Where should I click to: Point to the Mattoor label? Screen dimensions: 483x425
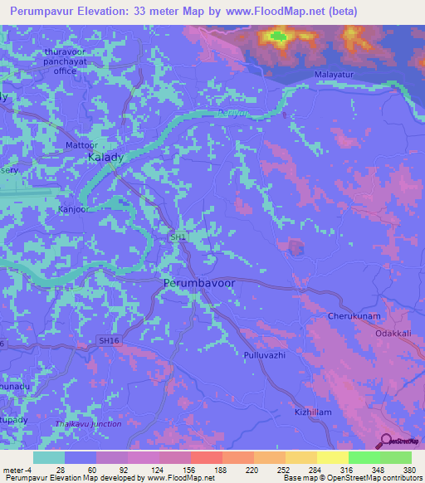[81, 144]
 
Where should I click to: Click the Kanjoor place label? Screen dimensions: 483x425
[72, 208]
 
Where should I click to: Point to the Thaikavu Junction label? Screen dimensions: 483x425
[88, 424]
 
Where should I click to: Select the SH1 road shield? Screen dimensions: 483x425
[177, 237]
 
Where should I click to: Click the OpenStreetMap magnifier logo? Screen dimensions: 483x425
[385, 441]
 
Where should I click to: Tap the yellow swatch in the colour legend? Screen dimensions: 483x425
[332, 457]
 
